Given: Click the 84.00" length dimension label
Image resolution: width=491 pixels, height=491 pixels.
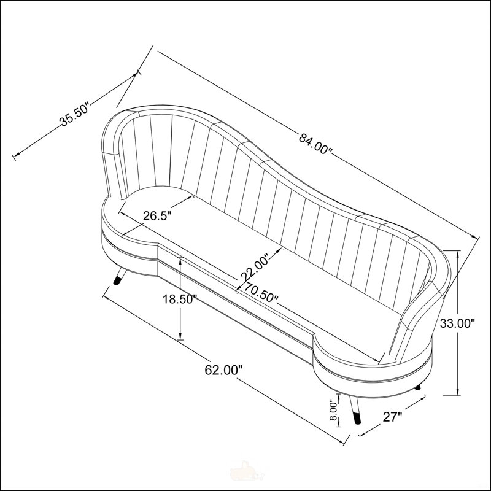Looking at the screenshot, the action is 315,143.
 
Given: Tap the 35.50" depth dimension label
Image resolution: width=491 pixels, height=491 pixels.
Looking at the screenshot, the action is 75,114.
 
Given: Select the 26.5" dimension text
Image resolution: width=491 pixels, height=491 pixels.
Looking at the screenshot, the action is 158,216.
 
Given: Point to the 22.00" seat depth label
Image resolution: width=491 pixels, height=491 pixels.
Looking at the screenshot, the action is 255,266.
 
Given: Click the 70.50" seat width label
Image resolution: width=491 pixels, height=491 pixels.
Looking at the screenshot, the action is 261,293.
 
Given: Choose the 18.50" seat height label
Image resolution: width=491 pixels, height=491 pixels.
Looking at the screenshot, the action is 180,300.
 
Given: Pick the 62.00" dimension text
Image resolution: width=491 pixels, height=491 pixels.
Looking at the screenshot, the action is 223,370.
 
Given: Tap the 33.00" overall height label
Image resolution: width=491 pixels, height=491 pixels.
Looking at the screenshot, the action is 457,323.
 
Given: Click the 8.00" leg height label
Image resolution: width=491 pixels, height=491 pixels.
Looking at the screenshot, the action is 334,411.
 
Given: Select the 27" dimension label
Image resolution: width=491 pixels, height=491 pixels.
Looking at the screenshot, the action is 392,417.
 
